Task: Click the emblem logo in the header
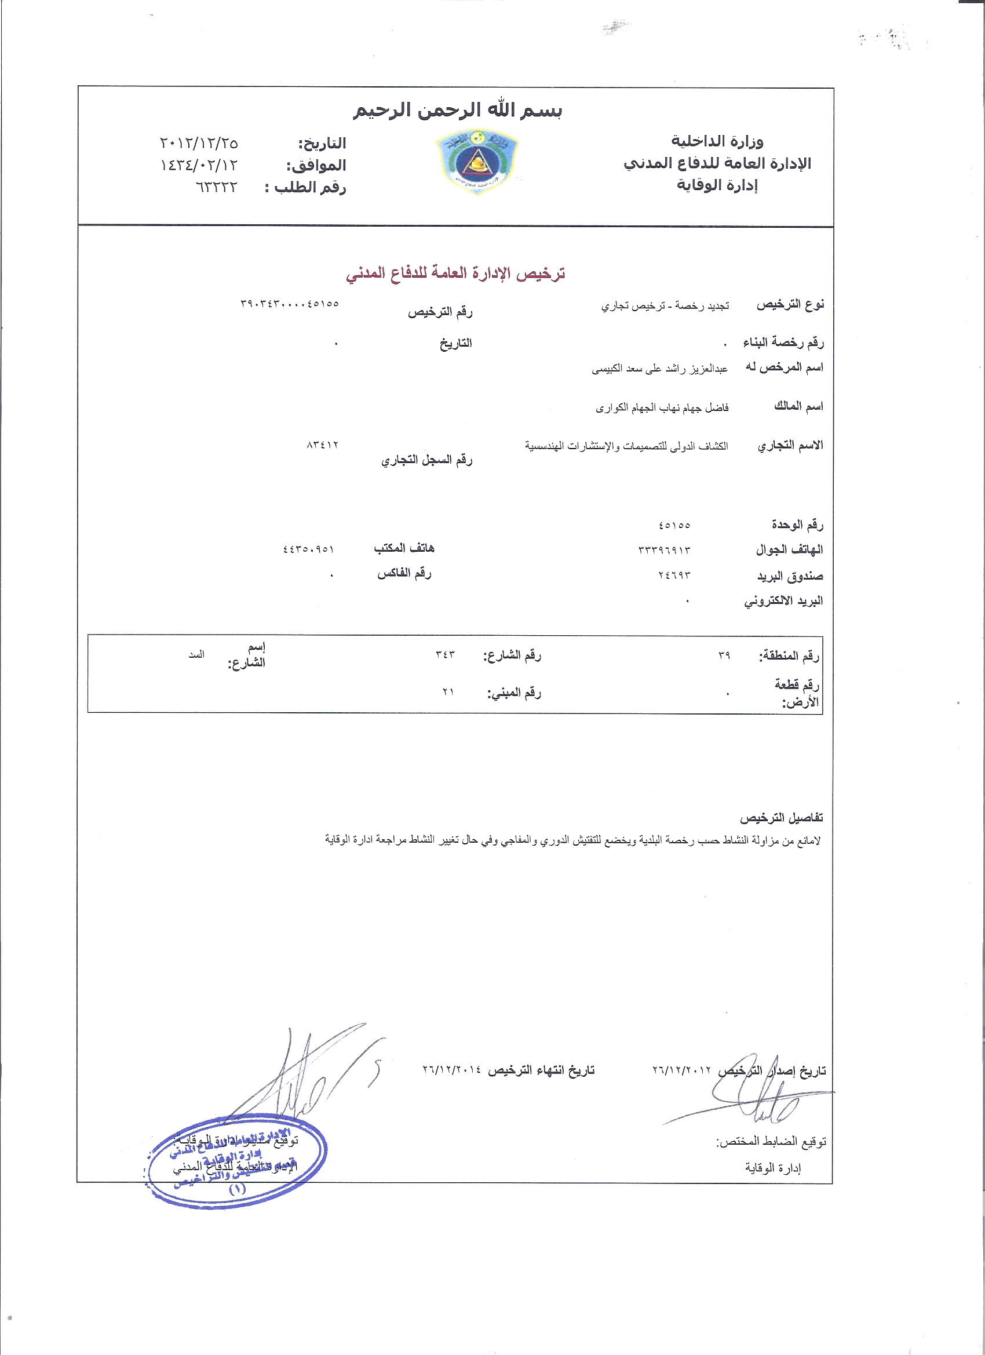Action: [477, 162]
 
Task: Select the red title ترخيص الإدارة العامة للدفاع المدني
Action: [456, 274]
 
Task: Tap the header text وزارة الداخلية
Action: [717, 141]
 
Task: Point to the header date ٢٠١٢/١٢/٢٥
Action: [199, 143]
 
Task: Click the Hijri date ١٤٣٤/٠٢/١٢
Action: [199, 166]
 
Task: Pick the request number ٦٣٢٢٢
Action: [216, 188]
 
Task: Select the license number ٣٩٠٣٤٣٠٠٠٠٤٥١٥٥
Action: [290, 304]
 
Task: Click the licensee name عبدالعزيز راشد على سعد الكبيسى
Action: [659, 369]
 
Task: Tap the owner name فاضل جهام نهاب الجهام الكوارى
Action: [662, 408]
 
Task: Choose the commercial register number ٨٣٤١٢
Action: [322, 445]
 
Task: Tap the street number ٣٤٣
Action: [446, 655]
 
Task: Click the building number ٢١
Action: [448, 692]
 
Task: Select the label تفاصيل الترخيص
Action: [781, 818]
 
